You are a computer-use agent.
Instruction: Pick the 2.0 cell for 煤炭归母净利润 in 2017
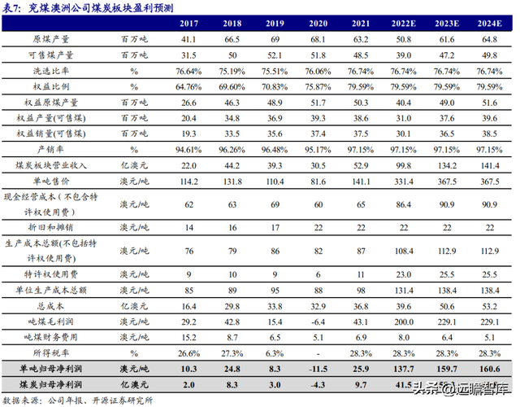(188, 384)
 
